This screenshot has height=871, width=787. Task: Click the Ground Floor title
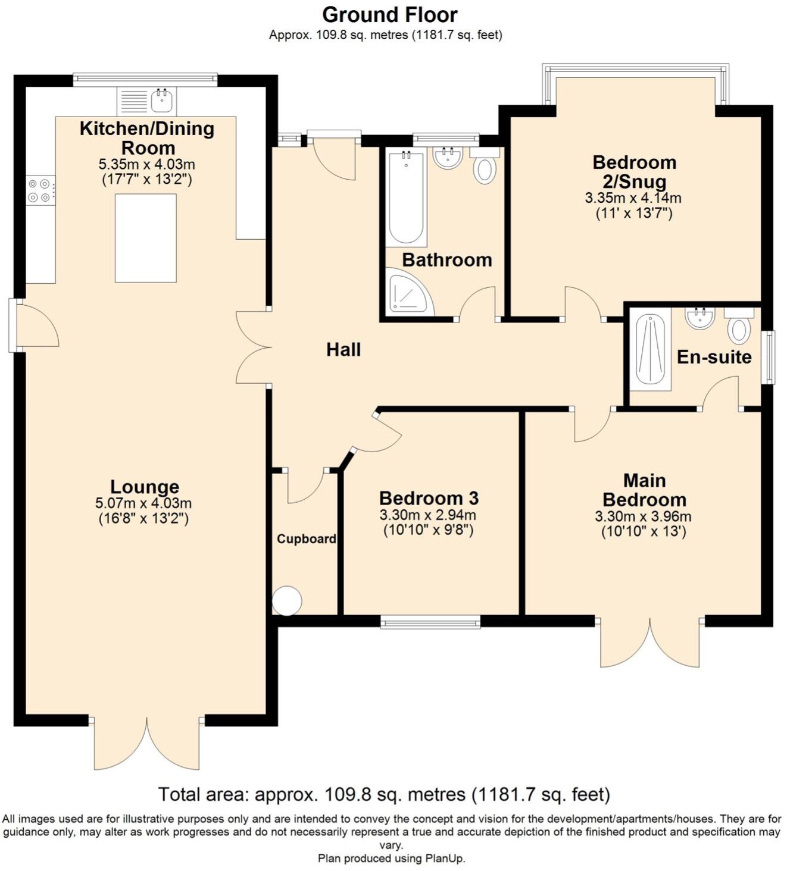tap(390, 14)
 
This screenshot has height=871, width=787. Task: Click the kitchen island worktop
tap(146, 238)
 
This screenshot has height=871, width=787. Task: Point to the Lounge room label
tap(145, 487)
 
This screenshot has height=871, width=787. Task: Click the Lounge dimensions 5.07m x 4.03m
tap(143, 503)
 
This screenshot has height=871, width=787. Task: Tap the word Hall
tap(343, 350)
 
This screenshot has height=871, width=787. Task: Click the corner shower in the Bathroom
tap(408, 293)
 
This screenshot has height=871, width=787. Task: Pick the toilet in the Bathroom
tap(485, 169)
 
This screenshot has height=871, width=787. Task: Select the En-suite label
tap(714, 357)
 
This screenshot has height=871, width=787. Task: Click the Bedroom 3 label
tap(429, 498)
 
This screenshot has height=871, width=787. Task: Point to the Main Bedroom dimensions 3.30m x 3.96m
tap(643, 516)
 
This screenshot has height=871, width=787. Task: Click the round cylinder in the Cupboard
tap(287, 600)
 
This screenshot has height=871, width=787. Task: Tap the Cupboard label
tap(306, 539)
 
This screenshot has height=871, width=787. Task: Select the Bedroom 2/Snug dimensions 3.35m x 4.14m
tap(633, 198)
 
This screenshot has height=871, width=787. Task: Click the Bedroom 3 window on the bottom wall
tap(430, 623)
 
